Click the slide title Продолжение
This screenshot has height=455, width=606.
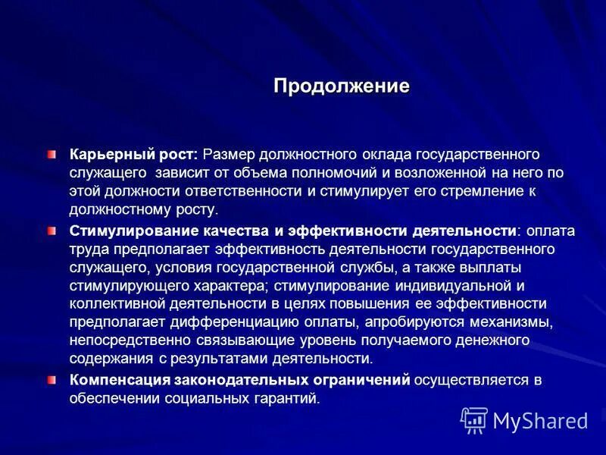[x=341, y=86]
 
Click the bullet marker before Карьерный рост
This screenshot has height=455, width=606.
[x=52, y=155]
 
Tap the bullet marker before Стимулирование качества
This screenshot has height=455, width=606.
[x=52, y=229]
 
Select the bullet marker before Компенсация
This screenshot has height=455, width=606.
[x=52, y=379]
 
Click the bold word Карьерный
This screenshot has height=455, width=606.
[x=102, y=155]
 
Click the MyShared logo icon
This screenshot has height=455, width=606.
[x=474, y=419]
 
